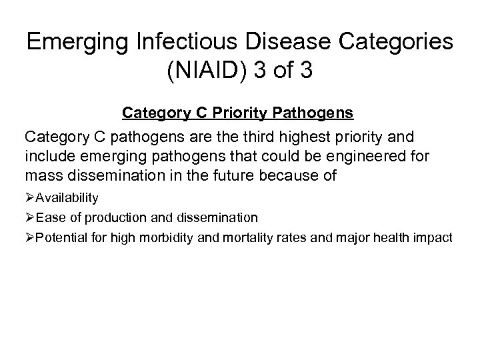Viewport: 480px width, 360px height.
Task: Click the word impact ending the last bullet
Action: click(x=433, y=238)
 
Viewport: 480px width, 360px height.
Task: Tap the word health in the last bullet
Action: click(x=393, y=238)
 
